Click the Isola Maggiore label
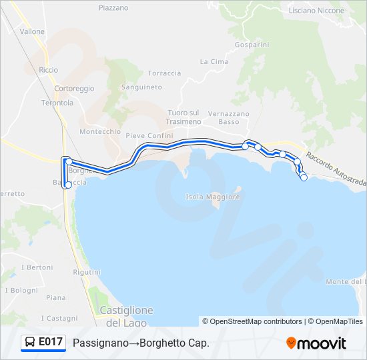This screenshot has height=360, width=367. [x=212, y=197]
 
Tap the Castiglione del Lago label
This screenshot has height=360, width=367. [x=126, y=317]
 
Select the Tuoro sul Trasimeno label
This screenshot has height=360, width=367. [x=184, y=117]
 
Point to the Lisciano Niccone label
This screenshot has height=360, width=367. [x=316, y=11]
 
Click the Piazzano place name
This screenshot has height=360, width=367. [x=113, y=8]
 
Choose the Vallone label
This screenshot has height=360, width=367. [x=32, y=32]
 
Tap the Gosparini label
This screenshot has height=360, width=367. [x=252, y=45]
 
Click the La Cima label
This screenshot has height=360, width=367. [x=214, y=61]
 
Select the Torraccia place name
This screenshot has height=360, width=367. [x=164, y=73]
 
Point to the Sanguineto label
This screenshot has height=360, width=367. [x=141, y=87]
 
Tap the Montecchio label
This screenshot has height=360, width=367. [x=100, y=132]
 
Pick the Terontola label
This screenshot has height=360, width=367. [x=57, y=103]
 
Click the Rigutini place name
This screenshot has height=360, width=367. [x=87, y=273]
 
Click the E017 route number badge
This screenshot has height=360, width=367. [x=44, y=343]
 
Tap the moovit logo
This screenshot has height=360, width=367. [x=316, y=343]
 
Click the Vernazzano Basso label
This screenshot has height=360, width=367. [x=228, y=118]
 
